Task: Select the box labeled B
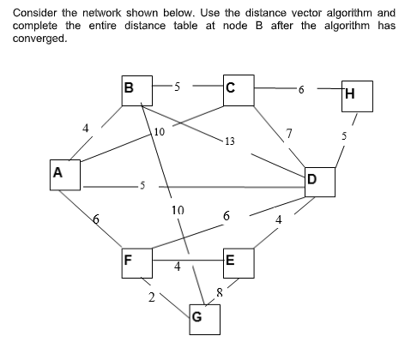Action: pos(134,89)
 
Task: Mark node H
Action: pos(355,96)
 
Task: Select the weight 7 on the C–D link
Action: pos(290,132)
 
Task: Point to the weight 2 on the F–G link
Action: pos(152,297)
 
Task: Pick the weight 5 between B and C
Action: pos(175,86)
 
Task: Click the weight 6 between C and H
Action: pos(300,88)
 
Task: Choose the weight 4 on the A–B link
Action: pos(86,129)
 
